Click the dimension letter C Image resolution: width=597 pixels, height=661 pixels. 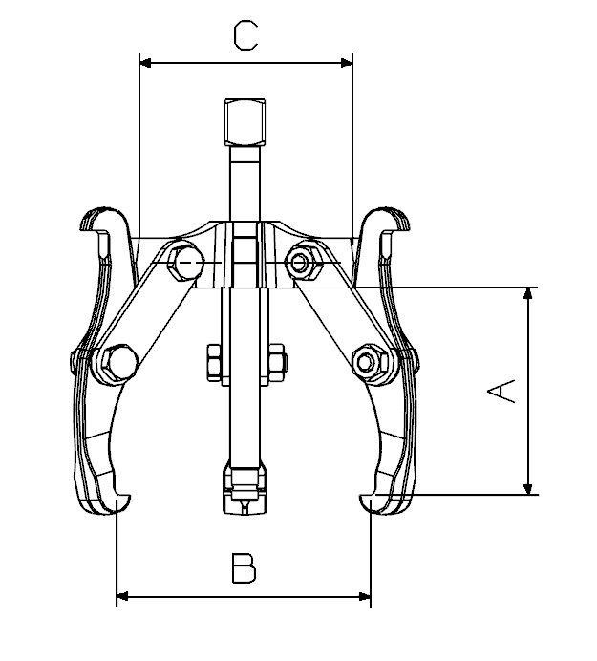245,35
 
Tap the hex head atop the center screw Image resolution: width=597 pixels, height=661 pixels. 245,118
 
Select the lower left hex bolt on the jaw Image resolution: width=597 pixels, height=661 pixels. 118,361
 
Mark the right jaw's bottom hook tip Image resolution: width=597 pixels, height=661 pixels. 368,501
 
